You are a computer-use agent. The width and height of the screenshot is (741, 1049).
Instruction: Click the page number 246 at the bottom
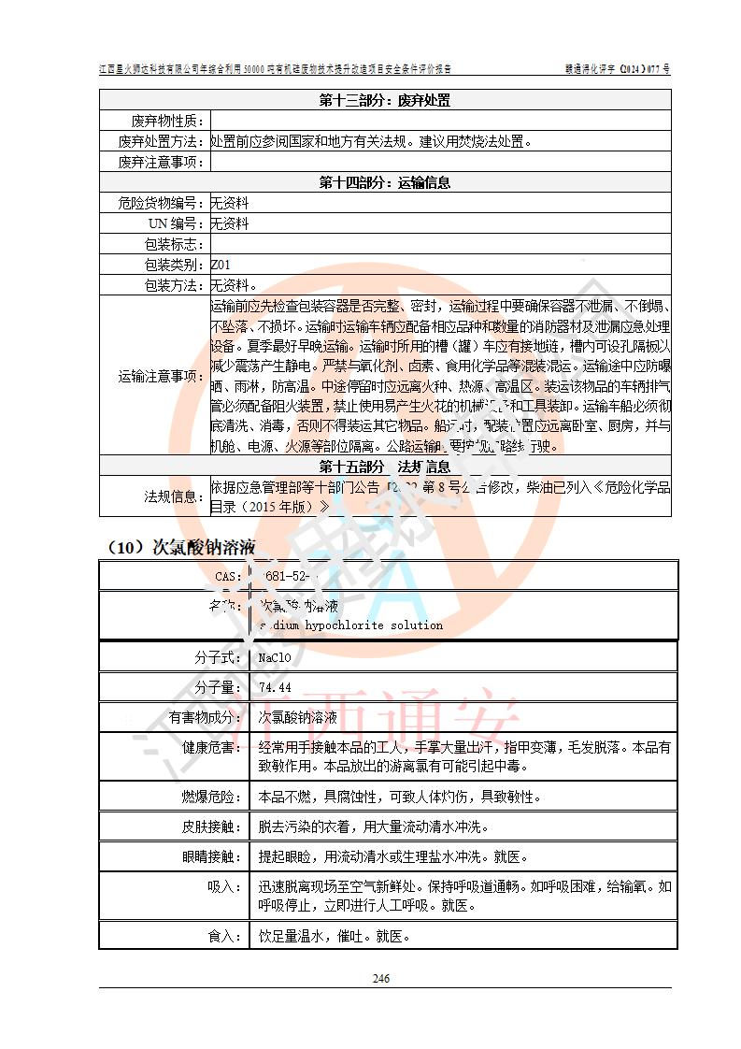coord(380,978)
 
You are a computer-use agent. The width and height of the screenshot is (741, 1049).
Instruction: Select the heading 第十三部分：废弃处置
coord(385,101)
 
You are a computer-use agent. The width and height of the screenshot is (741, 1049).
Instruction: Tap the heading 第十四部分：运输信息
coord(385,182)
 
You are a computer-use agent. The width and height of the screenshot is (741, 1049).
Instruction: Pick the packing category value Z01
coord(221,265)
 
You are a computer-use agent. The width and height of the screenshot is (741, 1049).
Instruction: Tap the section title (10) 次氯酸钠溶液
coord(179,547)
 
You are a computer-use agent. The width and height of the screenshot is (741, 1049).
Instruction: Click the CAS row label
coord(228,576)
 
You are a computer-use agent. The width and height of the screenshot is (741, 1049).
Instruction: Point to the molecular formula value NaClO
coord(276,657)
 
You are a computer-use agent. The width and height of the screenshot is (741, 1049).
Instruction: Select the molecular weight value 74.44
coord(275,687)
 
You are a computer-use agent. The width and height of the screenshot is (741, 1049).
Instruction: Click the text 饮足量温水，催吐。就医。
coord(335,935)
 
